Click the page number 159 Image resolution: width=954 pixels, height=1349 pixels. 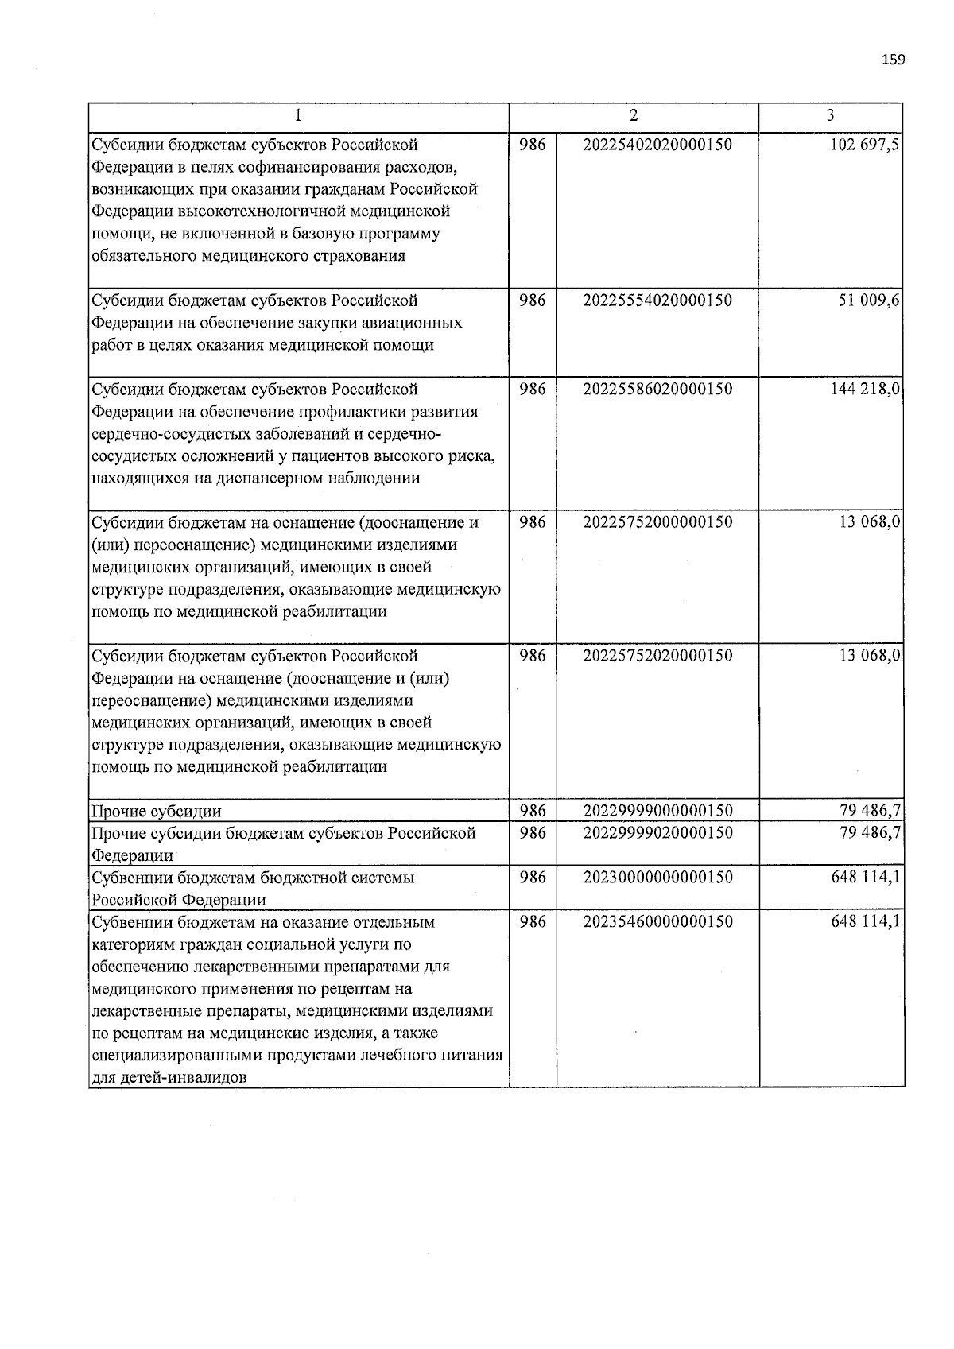[893, 60]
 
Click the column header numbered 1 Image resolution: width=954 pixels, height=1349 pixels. [298, 116]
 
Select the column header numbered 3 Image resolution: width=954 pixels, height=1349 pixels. [830, 116]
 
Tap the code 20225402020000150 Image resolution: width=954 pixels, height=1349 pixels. [657, 145]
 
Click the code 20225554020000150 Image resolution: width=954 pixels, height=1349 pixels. [657, 300]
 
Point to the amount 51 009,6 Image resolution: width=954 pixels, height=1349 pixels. [870, 300]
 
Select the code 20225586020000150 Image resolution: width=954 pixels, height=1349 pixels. [657, 389]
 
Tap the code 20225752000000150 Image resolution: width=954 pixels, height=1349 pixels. [657, 522]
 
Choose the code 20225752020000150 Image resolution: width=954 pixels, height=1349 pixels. [657, 656]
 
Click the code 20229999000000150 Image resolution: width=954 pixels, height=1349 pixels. [657, 811]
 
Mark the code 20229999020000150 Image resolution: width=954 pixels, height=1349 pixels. [657, 833]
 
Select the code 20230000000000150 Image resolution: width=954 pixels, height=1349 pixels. [657, 878]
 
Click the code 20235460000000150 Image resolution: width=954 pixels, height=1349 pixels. [657, 922]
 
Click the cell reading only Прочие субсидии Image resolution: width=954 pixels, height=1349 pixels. [157, 812]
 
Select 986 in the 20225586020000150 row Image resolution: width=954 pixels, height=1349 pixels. [532, 389]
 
